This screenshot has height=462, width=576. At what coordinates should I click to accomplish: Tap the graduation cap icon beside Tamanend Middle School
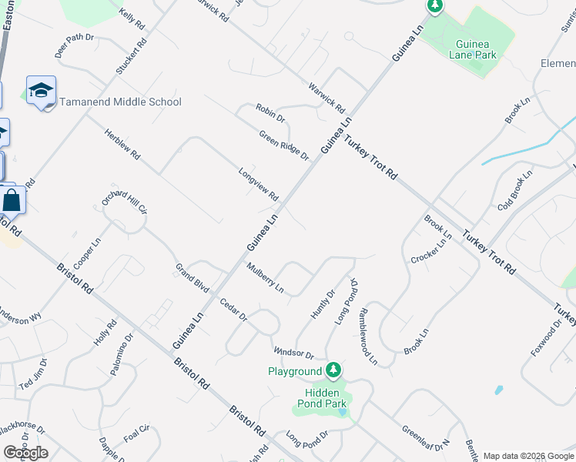point(41,91)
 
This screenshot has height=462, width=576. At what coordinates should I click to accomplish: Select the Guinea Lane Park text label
point(475,49)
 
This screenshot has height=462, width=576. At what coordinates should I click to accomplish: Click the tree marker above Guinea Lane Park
point(435,7)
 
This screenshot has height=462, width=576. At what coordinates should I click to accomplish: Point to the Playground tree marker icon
point(333,370)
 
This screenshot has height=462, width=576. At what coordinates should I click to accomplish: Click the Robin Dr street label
point(271,113)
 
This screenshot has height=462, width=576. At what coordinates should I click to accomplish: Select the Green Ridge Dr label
point(283,146)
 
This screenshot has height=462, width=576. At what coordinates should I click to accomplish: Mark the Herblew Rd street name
point(123,144)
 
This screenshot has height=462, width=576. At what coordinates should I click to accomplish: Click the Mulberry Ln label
point(265,279)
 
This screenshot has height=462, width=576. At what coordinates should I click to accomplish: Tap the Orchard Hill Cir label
point(124,202)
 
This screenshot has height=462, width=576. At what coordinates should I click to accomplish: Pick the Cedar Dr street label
point(233,310)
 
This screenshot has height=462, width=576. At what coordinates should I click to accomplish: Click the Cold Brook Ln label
point(515,192)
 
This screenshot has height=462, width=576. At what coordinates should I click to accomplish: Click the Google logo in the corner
point(25,453)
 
